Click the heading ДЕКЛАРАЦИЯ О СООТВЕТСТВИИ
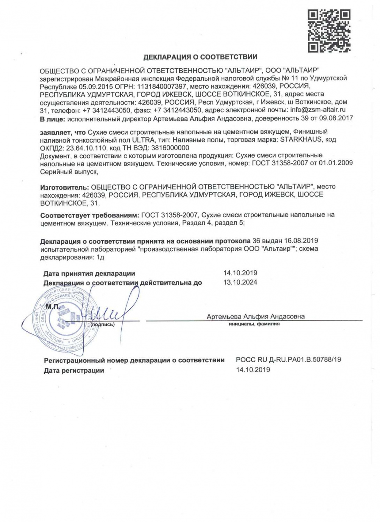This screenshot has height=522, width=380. (200, 57)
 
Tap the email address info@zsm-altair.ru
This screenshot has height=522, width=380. (318, 110)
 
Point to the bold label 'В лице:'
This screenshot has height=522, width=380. (52, 119)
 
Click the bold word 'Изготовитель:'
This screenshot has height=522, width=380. (64, 187)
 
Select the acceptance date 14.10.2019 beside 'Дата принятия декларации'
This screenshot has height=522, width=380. (240, 273)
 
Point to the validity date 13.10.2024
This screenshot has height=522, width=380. (240, 282)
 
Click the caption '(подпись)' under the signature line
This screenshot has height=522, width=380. (102, 325)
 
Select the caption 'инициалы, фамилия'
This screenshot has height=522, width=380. (254, 324)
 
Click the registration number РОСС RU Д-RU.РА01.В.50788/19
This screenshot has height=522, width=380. (289, 359)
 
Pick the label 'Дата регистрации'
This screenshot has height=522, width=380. (74, 371)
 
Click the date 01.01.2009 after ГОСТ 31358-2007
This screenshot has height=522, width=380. (335, 163)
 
